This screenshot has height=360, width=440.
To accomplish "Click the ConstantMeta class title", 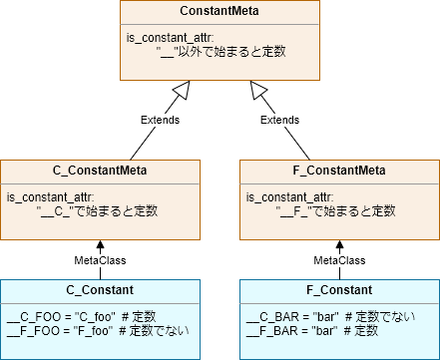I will coord(219,13).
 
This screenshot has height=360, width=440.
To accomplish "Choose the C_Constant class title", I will coord(99,291).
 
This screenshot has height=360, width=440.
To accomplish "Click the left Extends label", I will coord(160,120).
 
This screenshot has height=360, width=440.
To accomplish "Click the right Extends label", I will coord(279,120).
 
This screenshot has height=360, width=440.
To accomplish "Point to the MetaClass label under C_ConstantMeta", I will coord(99,260).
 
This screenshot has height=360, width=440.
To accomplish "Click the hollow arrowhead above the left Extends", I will coord(181,93).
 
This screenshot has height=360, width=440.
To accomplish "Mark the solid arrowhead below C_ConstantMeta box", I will coord(99,243).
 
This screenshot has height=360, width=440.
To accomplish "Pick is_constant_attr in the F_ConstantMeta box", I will coord(283,197).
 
